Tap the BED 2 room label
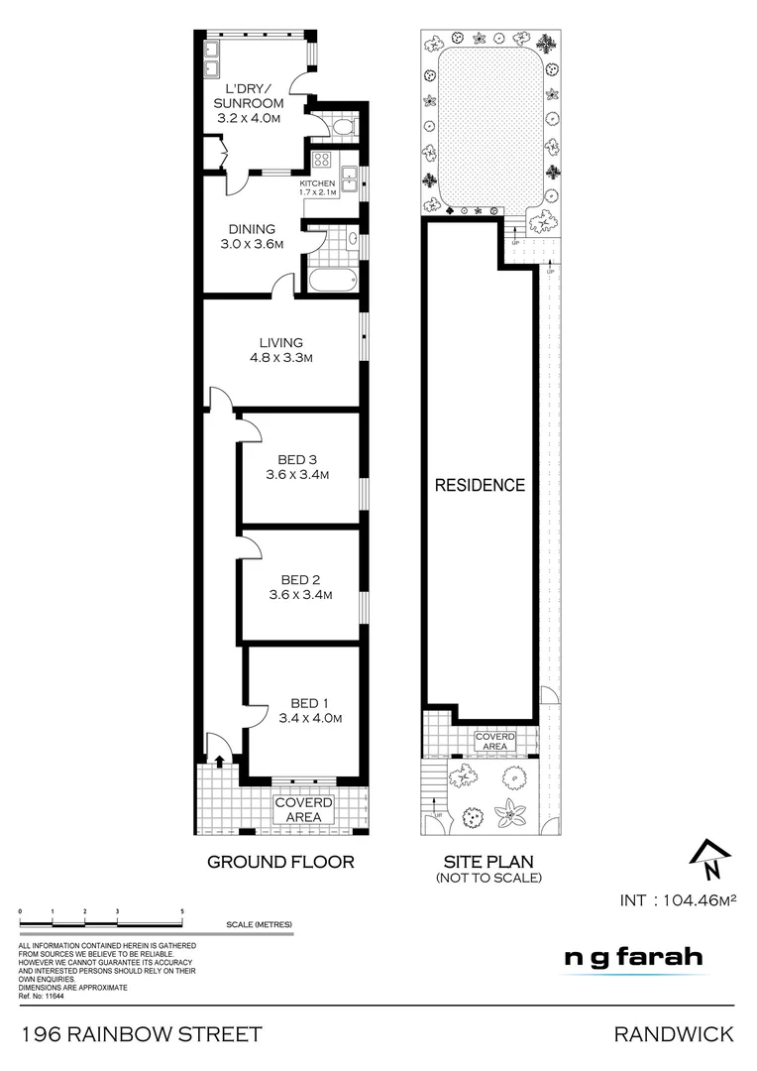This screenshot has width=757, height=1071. tap(300, 580)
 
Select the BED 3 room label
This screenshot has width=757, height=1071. tap(297, 459)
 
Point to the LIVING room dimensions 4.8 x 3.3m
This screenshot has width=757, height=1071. tap(280, 358)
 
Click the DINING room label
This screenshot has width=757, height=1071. tap(252, 229)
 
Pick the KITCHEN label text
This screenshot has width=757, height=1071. tap(317, 183)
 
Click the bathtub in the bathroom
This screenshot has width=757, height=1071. tap(331, 279)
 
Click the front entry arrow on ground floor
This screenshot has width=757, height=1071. tap(217, 759)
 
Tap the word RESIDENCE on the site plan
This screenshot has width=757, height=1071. tap(481, 485)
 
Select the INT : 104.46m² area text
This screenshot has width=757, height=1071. tap(680, 900)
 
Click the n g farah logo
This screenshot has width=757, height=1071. tap(633, 957)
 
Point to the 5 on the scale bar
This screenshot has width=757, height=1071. tap(182, 909)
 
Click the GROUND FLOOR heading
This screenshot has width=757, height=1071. tap(280, 862)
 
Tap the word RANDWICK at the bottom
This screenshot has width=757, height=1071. tap(674, 1034)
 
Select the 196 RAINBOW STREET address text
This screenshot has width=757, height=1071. tap(142, 1034)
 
